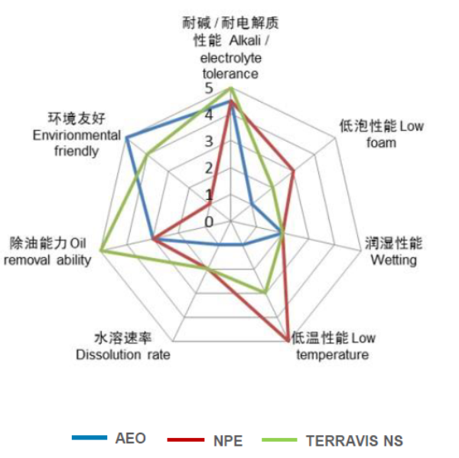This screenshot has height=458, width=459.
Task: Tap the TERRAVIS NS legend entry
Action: (x=353, y=440)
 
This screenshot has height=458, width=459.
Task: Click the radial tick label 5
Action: (x=209, y=89)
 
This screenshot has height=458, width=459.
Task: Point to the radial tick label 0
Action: (x=209, y=222)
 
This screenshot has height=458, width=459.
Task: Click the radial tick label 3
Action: (x=209, y=142)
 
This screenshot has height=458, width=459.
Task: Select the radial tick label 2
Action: (x=209, y=168)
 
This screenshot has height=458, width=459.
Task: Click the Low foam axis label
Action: (x=381, y=134)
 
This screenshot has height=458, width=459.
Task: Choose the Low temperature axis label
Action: (x=333, y=346)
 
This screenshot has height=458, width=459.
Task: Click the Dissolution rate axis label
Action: (x=123, y=346)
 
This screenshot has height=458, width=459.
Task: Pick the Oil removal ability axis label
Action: (x=50, y=251)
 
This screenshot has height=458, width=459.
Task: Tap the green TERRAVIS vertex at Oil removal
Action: (x=101, y=251)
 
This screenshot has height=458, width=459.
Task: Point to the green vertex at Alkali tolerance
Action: (x=230, y=89)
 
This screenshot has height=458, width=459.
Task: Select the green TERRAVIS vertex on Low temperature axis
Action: (x=265, y=293)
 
